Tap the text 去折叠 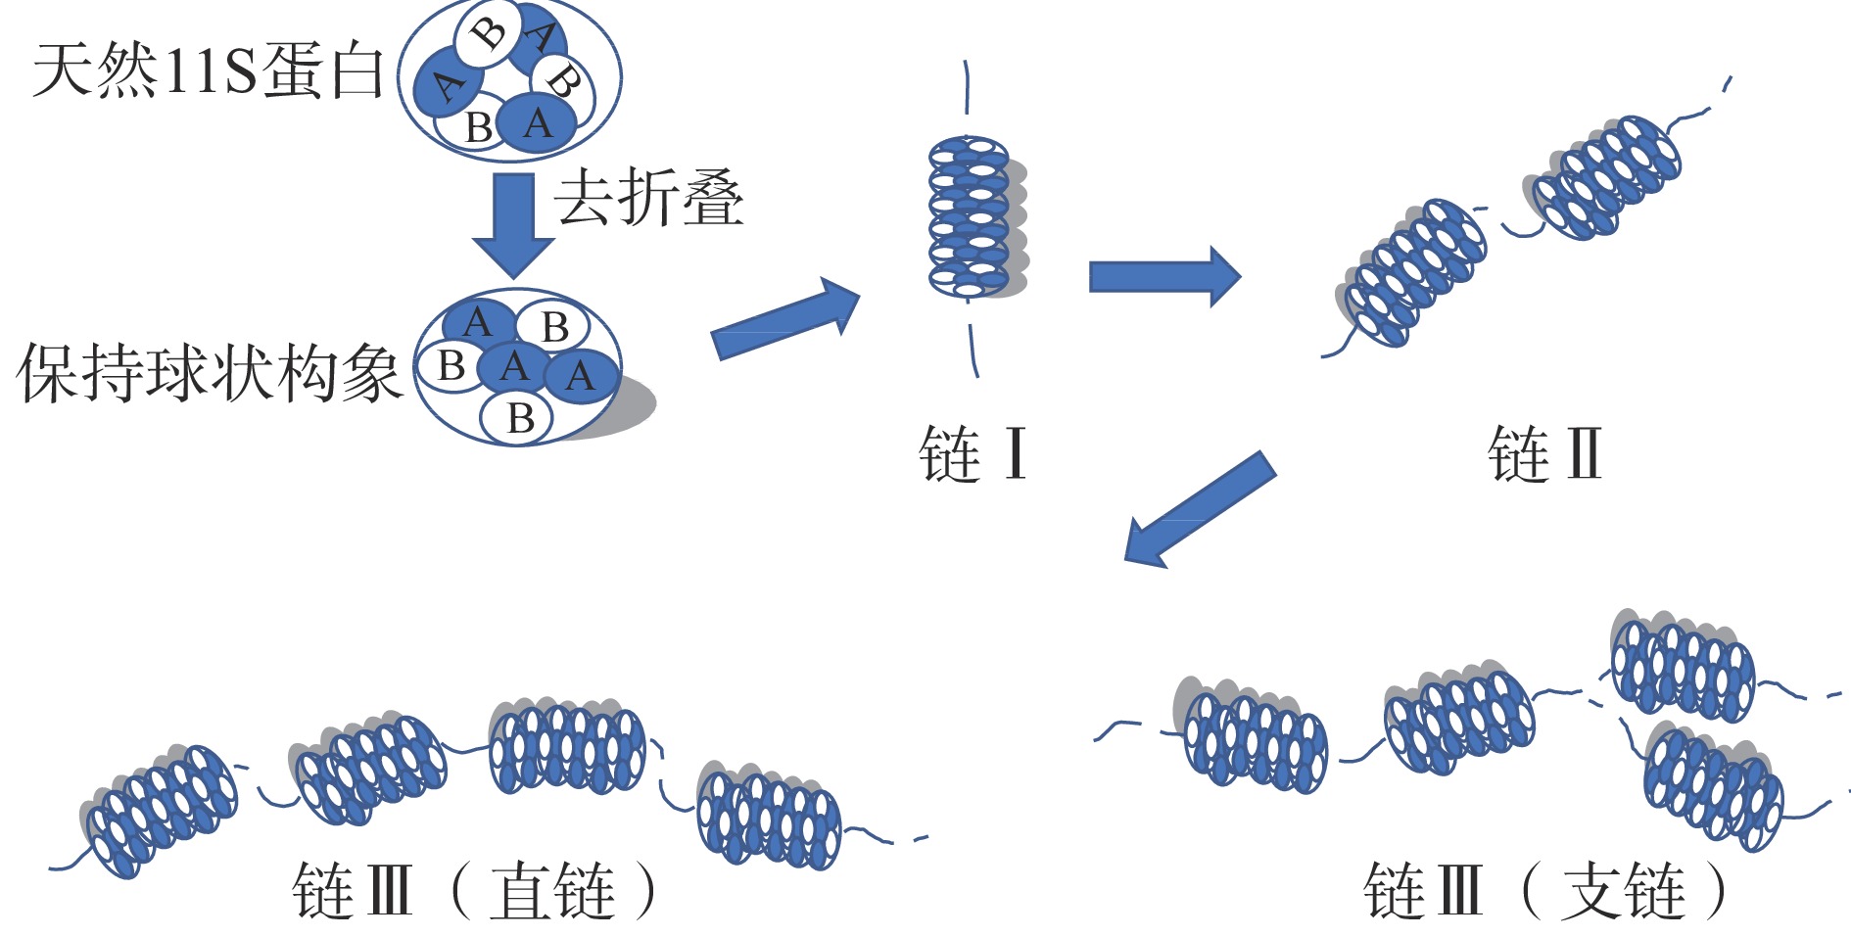(649, 199)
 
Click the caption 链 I (973, 454)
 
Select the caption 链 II (1544, 454)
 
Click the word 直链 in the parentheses (552, 891)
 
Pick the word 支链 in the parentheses (1623, 891)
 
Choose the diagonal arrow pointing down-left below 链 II (1200, 508)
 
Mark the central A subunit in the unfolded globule (514, 367)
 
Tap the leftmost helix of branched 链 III (1254, 734)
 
